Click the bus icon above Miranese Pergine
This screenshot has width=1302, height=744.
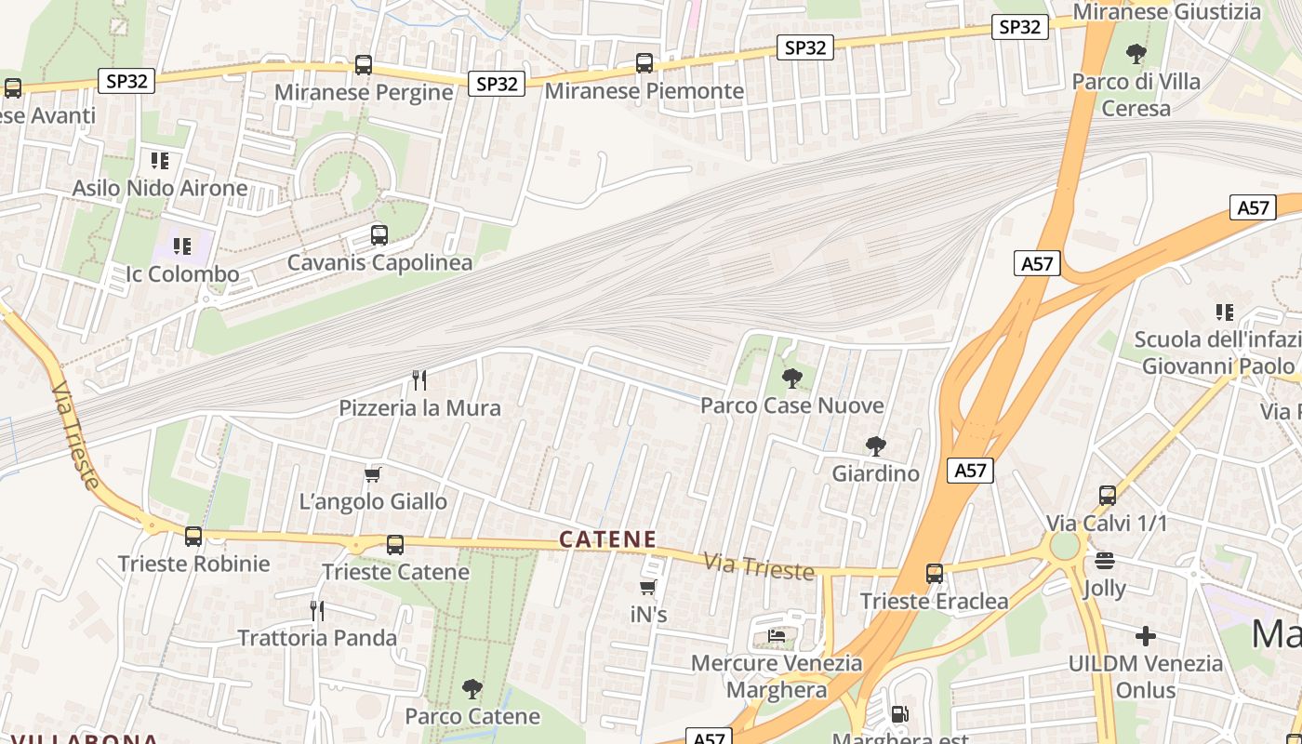pos(364,65)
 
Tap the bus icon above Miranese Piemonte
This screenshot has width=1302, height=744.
pos(644,63)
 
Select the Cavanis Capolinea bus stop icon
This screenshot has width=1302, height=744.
pos(379,234)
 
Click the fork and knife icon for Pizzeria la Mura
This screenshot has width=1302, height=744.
pos(419,379)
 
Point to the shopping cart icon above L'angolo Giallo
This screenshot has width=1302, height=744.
pos(373,474)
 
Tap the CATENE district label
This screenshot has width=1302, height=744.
pos(608,539)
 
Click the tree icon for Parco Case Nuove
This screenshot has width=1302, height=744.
pos(791,378)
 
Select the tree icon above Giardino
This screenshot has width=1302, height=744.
pos(875,445)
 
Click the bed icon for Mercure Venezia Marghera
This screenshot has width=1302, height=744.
pos(777,636)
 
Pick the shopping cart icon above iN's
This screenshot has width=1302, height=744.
pos(648,587)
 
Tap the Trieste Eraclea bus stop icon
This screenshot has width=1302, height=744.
pos(935,574)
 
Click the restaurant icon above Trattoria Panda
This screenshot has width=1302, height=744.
pos(317,610)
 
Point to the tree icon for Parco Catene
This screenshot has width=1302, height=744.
pos(472,689)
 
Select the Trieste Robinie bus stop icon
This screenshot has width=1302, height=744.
pos(193,536)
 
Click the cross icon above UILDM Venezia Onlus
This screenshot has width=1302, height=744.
pos(1146,636)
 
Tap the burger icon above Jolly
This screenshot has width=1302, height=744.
pos(1105,561)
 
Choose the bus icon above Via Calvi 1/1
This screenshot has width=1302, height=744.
pos(1107,495)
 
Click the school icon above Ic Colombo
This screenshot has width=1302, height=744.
pos(182,246)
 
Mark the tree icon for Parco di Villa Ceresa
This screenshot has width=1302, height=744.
pos(1136,53)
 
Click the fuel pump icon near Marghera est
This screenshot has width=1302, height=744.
pos(899,714)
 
